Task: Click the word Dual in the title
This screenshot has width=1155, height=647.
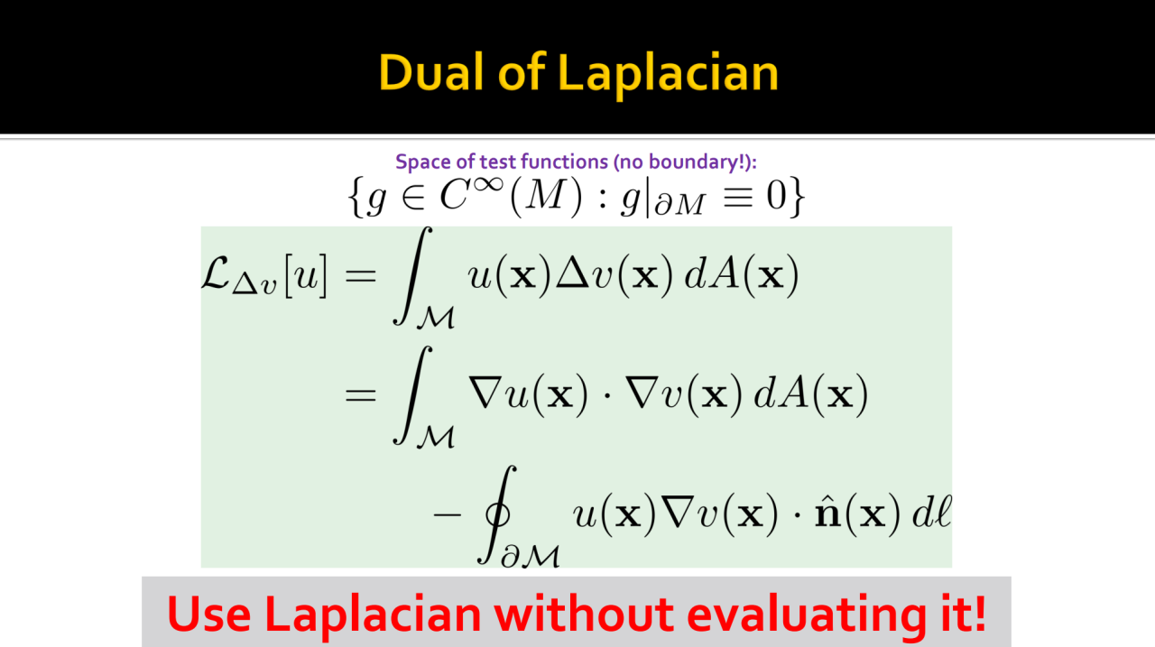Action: pyautogui.click(x=430, y=73)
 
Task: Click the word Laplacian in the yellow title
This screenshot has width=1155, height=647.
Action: pyautogui.click(x=668, y=75)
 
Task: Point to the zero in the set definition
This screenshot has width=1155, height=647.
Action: pyautogui.click(x=776, y=196)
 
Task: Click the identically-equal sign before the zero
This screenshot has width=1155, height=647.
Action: pyautogui.click(x=738, y=198)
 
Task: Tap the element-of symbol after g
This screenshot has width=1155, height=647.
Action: pyautogui.click(x=413, y=198)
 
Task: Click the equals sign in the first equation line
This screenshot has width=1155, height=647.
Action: pyautogui.click(x=360, y=276)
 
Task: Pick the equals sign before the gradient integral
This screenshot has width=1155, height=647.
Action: pyautogui.click(x=360, y=396)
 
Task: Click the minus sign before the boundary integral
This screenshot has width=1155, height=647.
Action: pyautogui.click(x=448, y=514)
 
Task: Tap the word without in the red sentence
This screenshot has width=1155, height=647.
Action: pyautogui.click(x=583, y=614)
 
